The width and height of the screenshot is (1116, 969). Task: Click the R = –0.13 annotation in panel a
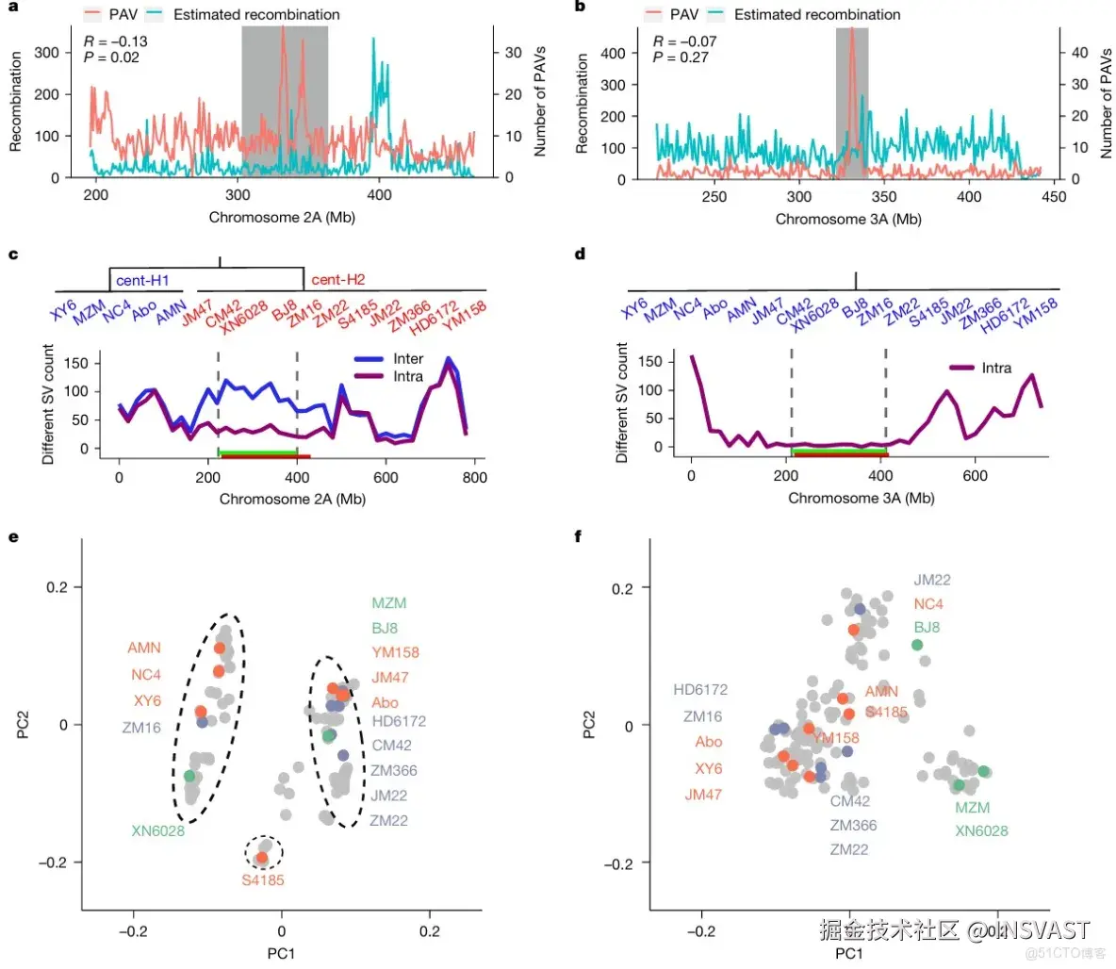[115, 41]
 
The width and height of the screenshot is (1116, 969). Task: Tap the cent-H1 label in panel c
[142, 280]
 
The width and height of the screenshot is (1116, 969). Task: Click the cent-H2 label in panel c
[337, 280]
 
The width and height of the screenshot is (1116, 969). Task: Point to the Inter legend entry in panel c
[408, 359]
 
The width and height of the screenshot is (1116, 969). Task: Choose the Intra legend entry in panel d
[995, 368]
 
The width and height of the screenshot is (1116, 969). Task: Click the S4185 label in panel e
[262, 880]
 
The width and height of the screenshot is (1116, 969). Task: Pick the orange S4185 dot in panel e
[262, 858]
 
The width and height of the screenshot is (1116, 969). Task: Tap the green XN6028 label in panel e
[158, 830]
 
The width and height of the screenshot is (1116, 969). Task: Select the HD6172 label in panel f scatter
[700, 690]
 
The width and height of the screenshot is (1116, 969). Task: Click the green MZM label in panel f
[972, 808]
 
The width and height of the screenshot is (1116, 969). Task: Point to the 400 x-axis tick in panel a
[379, 196]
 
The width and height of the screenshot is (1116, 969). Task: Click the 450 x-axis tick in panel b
[1054, 197]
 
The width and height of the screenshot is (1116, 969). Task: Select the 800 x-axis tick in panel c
[474, 477]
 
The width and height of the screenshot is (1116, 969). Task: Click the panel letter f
[578, 537]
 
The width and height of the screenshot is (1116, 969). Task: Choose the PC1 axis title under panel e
[281, 953]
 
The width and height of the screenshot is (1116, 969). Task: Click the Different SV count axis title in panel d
[622, 403]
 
